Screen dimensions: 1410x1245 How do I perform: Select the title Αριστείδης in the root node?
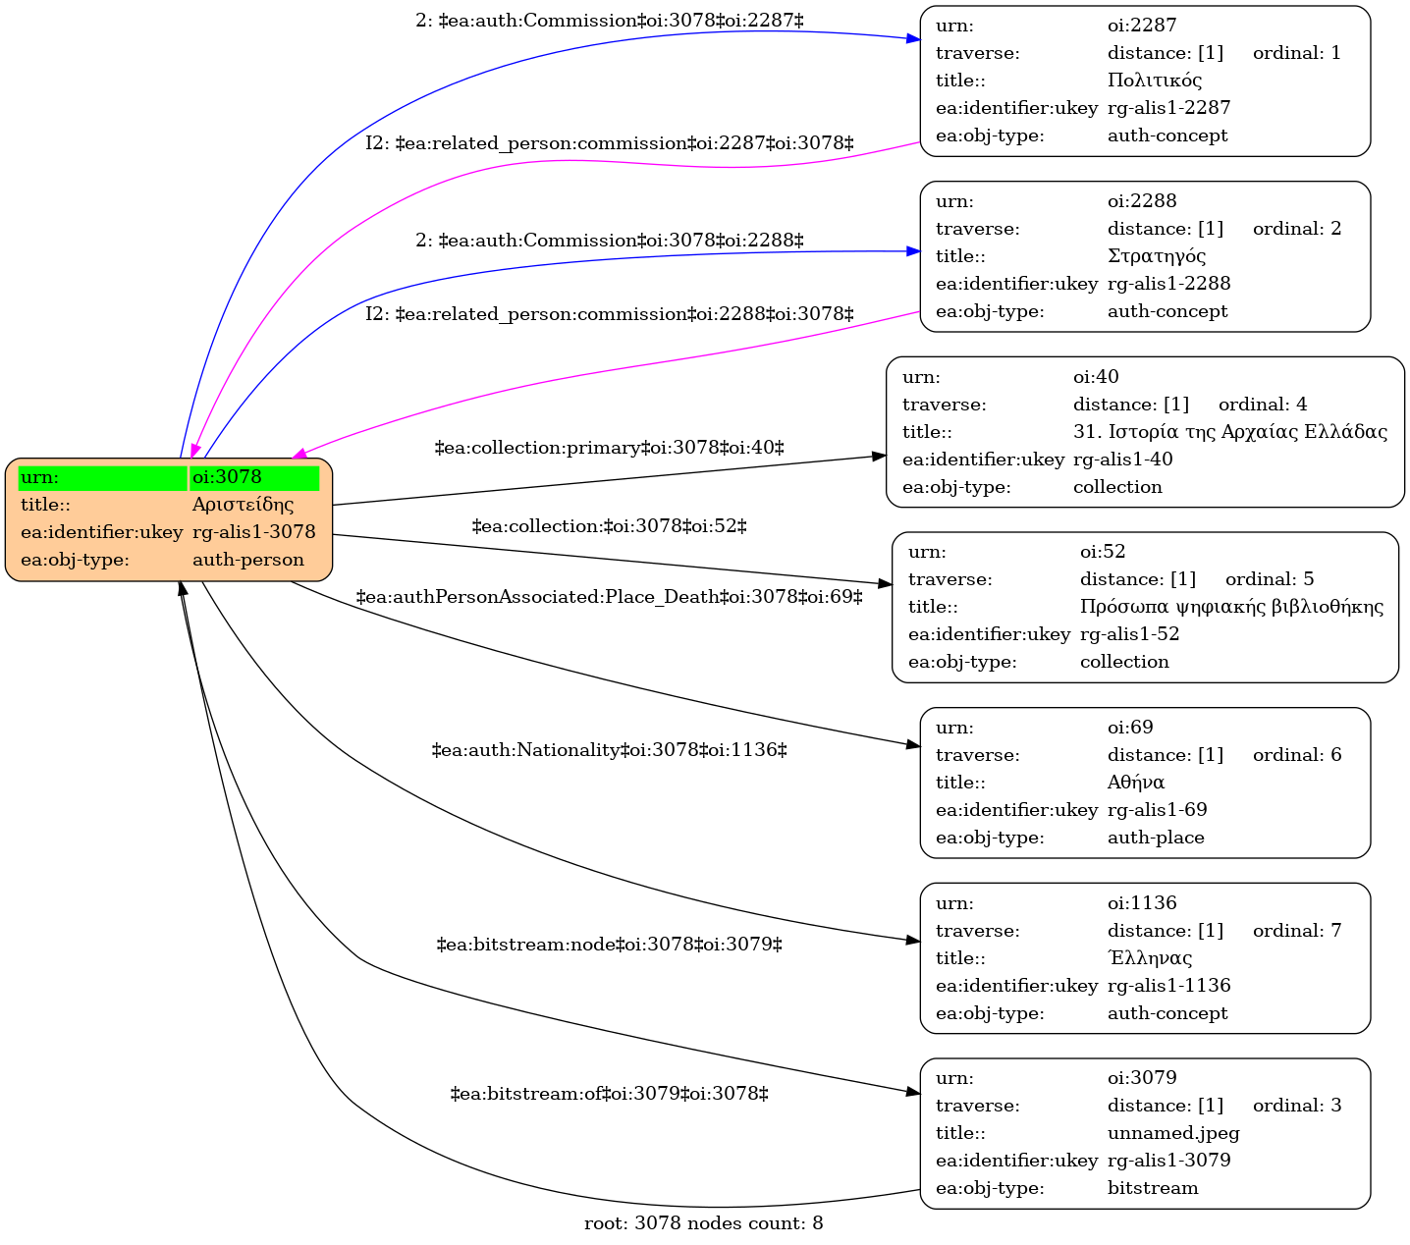[x=243, y=504]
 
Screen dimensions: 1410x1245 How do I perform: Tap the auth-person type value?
[x=248, y=560]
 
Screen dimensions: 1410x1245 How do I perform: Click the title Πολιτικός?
[x=1155, y=81]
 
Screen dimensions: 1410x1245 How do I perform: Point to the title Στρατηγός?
[x=1157, y=256]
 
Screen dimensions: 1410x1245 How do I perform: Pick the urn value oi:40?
[x=1096, y=376]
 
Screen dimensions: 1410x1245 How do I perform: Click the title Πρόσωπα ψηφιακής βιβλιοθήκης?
[x=1231, y=607]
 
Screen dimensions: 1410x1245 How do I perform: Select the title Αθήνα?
[x=1136, y=783]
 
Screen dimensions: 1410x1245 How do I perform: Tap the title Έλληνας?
[x=1150, y=957]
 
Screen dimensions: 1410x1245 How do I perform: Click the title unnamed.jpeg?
[x=1173, y=1133]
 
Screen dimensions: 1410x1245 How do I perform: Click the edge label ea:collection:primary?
[x=609, y=448]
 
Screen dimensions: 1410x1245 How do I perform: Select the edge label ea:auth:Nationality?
[x=609, y=750]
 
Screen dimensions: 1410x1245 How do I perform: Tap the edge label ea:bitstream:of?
[x=609, y=1094]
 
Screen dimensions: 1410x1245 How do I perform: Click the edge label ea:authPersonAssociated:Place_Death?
[x=609, y=597]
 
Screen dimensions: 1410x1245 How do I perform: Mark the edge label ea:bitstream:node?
[x=609, y=945]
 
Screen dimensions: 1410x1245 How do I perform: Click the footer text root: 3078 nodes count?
[x=704, y=1222]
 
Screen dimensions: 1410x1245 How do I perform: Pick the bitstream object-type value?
[x=1153, y=1188]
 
